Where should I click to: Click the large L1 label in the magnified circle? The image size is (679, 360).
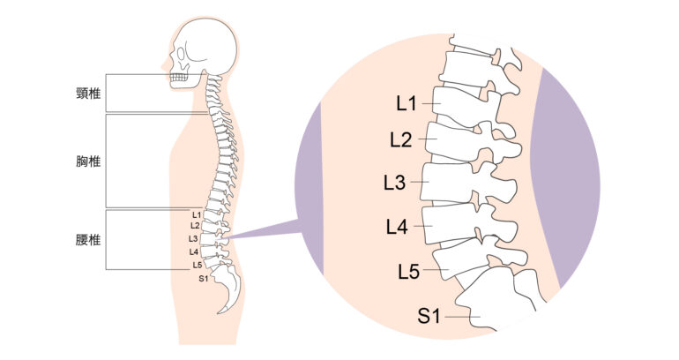tap(407, 103)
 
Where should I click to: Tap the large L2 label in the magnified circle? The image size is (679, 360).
tap(401, 139)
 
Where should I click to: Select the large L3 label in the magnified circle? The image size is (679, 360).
tap(394, 183)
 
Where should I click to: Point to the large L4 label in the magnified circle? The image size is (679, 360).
tap(397, 227)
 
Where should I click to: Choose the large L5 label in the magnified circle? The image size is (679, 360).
tap(408, 271)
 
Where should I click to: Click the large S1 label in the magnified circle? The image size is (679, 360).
tap(429, 316)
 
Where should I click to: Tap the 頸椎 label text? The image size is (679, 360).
tap(87, 91)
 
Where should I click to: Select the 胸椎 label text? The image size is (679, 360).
tap(87, 161)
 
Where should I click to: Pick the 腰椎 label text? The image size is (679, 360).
tap(87, 238)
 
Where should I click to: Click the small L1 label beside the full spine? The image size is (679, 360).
tap(196, 214)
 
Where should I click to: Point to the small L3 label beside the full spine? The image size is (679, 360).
tap(193, 239)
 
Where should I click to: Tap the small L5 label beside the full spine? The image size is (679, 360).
tap(197, 265)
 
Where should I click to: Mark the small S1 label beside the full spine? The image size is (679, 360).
tap(202, 279)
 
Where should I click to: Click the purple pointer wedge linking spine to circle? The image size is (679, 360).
tap(265, 233)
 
